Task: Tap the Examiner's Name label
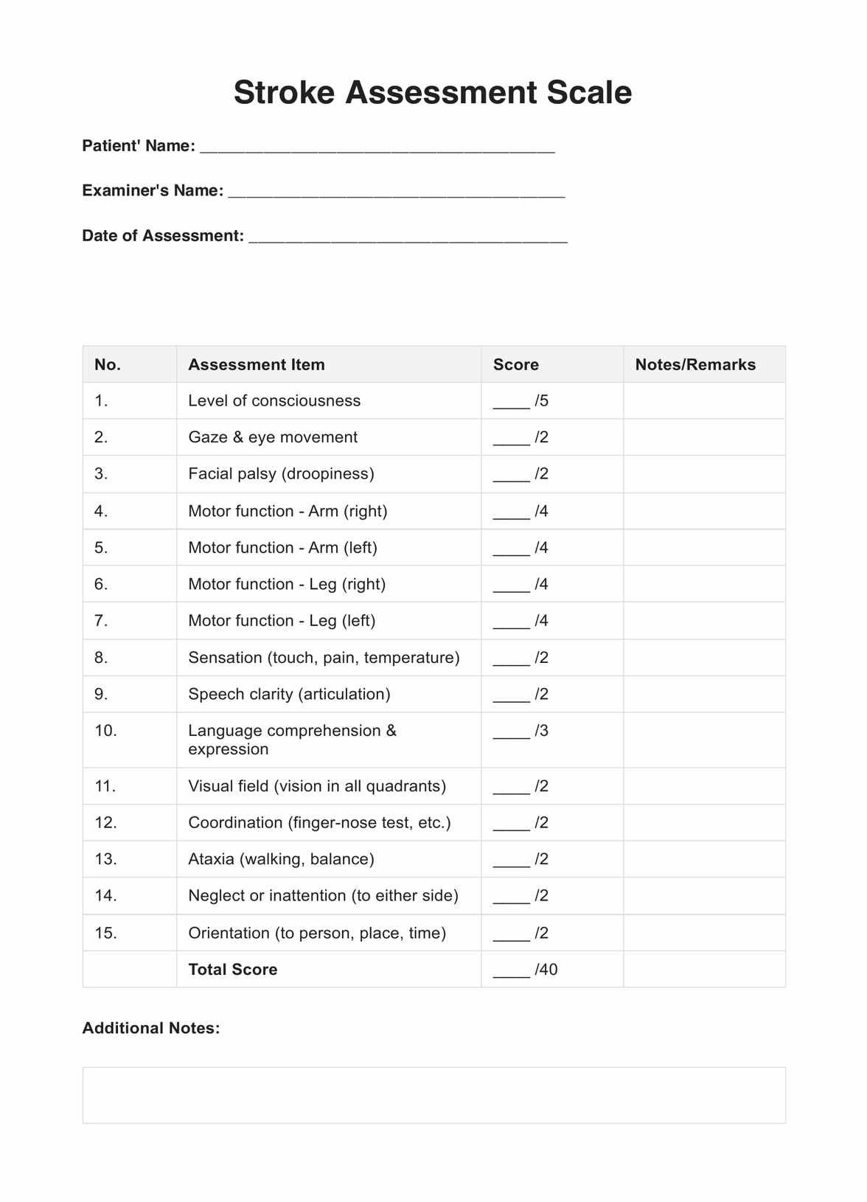(x=153, y=190)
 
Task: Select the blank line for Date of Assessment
(x=408, y=237)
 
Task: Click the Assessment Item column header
(x=256, y=364)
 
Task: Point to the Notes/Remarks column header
(x=694, y=364)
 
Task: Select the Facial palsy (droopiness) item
(x=281, y=473)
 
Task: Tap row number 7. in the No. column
(x=101, y=621)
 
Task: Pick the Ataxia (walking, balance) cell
(x=281, y=859)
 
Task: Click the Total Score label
(x=233, y=970)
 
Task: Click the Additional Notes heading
(x=151, y=1028)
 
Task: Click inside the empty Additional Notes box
(x=433, y=1095)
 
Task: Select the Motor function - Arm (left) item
(x=282, y=548)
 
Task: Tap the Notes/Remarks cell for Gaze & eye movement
(x=703, y=437)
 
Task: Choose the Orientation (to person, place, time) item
(x=317, y=933)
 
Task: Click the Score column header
(x=515, y=364)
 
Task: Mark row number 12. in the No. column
(x=105, y=822)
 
